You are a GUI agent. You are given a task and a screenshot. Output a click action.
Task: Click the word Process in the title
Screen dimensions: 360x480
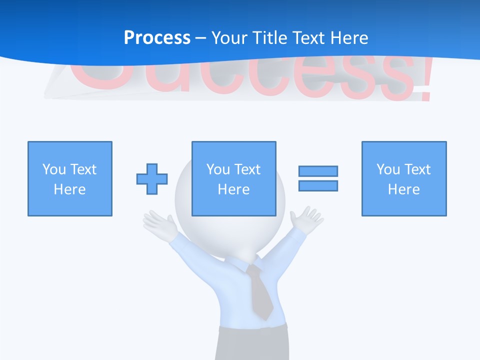coord(157,38)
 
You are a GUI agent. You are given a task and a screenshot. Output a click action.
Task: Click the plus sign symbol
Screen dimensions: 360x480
coord(152,179)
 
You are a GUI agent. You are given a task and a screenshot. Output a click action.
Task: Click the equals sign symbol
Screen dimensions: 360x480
coord(318,178)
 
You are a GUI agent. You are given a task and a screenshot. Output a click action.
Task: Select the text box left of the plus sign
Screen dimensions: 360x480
coord(70,178)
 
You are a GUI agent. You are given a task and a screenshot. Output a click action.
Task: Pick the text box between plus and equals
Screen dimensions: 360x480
coord(233,178)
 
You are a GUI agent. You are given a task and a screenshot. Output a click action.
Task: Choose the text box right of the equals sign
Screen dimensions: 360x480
coord(404,178)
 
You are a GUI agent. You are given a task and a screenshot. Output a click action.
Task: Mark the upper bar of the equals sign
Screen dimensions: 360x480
coord(318,171)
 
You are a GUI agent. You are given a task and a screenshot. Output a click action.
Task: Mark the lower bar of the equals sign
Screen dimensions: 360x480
coord(318,185)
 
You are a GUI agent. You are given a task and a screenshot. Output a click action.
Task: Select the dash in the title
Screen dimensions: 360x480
coord(200,38)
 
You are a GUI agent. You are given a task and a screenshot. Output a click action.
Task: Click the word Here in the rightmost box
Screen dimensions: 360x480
coord(404,189)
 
